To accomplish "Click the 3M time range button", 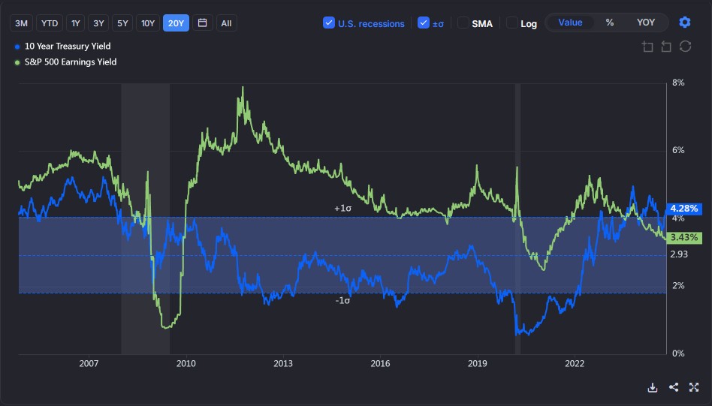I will click(x=22, y=23).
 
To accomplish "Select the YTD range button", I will click(x=50, y=23).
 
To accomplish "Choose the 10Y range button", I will click(x=149, y=23).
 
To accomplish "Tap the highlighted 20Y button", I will click(x=176, y=23).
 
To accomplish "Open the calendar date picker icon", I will click(x=202, y=23).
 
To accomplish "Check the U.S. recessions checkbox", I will click(x=329, y=23).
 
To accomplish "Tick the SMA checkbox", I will click(x=464, y=23).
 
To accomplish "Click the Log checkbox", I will click(x=512, y=23).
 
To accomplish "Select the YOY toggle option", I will click(x=645, y=23).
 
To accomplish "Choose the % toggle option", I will click(x=610, y=23).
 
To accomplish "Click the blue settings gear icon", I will click(x=684, y=23).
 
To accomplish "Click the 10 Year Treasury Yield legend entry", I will click(x=68, y=47).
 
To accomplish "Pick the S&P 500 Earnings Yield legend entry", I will click(x=71, y=62).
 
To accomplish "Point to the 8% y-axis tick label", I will click(x=678, y=83).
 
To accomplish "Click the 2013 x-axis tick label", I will click(x=283, y=364).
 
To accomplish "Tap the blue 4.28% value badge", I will click(x=684, y=208).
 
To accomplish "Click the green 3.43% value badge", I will click(x=684, y=238).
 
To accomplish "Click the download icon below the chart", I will click(x=653, y=387).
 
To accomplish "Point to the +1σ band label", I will click(x=343, y=208).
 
